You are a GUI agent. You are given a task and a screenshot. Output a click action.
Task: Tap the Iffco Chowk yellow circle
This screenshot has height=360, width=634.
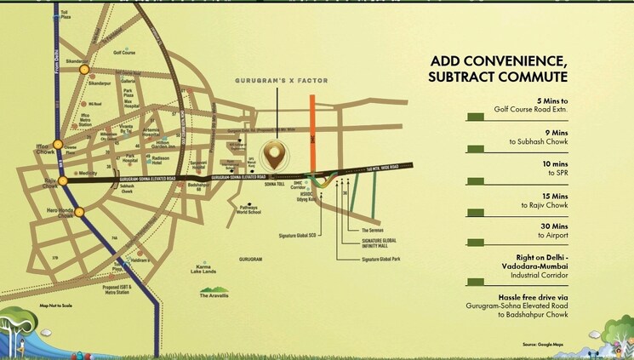[57, 145]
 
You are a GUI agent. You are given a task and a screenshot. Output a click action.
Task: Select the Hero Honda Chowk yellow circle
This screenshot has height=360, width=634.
[79, 212]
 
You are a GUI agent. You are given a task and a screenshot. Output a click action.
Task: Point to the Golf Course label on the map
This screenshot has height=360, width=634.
[125, 52]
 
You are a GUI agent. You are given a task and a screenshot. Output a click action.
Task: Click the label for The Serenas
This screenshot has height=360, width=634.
[374, 231]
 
